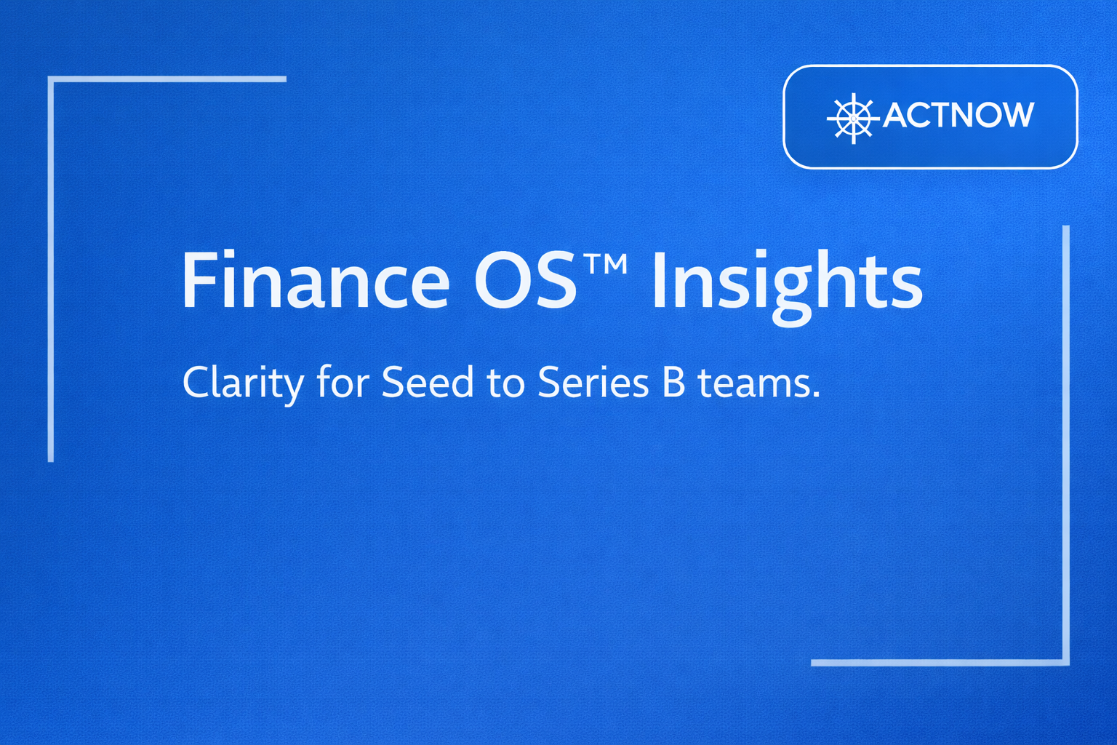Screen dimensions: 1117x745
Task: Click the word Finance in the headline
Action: (316, 280)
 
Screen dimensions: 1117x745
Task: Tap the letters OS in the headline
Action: (525, 280)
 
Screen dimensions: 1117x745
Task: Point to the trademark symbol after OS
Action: (605, 263)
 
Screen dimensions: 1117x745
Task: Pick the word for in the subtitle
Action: (343, 382)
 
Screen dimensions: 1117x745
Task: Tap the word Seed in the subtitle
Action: (428, 382)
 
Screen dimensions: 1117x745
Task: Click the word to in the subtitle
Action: (505, 384)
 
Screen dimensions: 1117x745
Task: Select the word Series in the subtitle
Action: (593, 383)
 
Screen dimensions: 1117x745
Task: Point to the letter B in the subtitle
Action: (673, 383)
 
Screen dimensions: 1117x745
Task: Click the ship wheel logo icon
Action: (853, 119)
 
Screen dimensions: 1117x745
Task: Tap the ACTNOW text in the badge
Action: (958, 115)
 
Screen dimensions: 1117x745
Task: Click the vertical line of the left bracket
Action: (50, 269)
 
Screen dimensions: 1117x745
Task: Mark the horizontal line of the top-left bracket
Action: (167, 79)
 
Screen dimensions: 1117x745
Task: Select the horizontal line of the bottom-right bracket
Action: (940, 663)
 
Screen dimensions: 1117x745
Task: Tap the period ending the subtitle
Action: (816, 394)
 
